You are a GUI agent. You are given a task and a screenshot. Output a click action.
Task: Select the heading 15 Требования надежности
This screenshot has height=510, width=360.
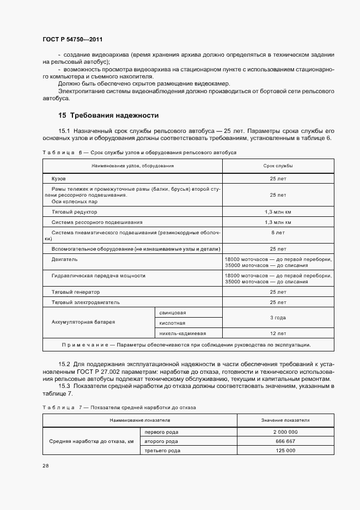pos(108,116)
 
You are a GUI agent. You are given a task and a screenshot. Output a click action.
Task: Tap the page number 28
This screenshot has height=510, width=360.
pos(45,466)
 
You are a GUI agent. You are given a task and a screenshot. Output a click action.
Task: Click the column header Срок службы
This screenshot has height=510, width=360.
pos(278,165)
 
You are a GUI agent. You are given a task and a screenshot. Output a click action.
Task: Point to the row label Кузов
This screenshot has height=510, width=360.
pos(59,178)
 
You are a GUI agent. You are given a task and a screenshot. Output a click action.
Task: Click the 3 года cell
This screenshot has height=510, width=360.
pos(278,317)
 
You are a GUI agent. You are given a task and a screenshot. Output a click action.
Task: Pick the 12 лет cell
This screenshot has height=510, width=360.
pos(278,333)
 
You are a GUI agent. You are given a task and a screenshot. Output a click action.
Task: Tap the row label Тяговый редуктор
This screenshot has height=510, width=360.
pos(74,211)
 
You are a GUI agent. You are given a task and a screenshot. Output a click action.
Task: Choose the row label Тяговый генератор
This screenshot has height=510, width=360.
pos(75,292)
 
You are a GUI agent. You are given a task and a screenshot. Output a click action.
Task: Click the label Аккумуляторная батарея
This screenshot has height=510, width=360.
pos(83,322)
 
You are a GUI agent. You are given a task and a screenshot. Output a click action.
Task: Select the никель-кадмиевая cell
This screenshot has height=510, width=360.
pos(182,333)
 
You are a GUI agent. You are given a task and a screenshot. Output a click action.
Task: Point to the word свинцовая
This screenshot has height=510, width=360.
pos(173,312)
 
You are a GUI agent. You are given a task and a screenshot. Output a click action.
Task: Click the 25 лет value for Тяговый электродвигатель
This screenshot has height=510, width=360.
pos(278,302)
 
